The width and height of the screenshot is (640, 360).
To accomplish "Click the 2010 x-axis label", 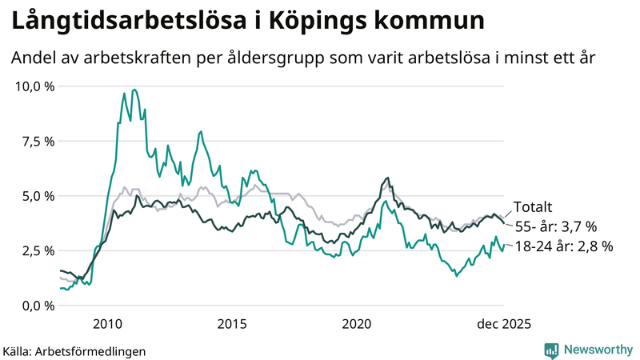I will click(x=107, y=324).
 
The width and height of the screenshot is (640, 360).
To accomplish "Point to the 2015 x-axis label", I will click(x=232, y=324).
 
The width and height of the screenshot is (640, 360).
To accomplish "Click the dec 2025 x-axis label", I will click(x=504, y=324).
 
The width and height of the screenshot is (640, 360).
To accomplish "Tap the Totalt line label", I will click(x=532, y=206).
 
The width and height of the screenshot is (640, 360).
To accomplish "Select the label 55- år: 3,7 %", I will click(x=555, y=226).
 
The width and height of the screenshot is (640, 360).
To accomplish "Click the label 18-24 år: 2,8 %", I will click(x=563, y=247).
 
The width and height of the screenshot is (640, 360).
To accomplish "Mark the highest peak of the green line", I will click(x=134, y=90).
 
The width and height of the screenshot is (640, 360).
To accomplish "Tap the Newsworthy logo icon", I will click(x=551, y=350).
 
